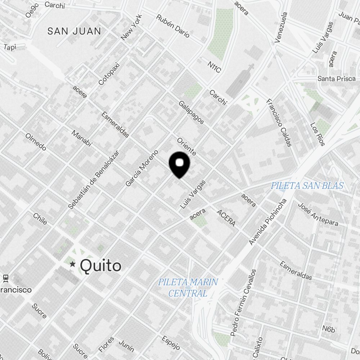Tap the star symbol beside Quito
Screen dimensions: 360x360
tap(73, 265)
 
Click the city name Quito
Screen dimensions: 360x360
tap(100, 266)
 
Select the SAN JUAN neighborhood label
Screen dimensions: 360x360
tap(74, 31)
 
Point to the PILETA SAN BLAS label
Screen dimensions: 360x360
tap(307, 186)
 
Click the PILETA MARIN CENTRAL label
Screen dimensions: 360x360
tap(188, 287)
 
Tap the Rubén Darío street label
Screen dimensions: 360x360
tap(173, 26)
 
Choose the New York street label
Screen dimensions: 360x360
tap(132, 27)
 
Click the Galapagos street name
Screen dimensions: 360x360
tap(191, 112)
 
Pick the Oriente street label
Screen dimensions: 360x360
tap(186, 146)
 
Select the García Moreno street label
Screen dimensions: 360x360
tap(142, 168)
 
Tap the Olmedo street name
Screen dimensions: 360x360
tap(36, 142)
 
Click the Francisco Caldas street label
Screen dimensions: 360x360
tap(279, 123)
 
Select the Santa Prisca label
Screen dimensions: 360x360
tap(336, 79)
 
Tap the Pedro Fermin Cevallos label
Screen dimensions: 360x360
tap(244, 303)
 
